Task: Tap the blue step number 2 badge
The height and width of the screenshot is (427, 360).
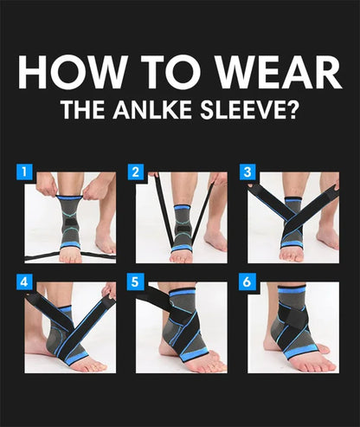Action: (135, 171)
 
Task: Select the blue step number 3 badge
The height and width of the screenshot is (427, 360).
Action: (247, 171)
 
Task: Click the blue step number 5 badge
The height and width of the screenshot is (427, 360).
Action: (135, 282)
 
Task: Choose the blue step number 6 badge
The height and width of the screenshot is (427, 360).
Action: (247, 282)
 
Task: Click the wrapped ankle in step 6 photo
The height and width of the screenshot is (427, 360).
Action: (292, 325)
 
